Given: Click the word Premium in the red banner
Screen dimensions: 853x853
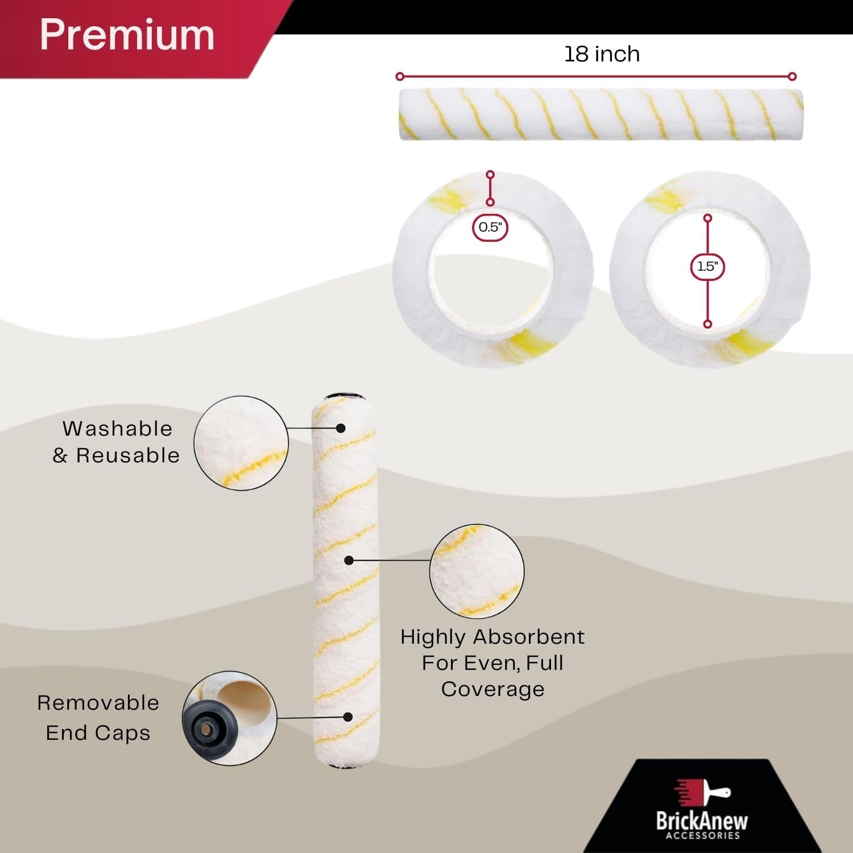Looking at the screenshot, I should [127, 35].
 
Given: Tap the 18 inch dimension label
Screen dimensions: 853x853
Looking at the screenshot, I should [602, 54].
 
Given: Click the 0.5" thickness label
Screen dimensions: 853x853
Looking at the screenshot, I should [490, 227].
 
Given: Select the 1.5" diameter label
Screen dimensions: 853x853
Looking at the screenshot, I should [707, 266].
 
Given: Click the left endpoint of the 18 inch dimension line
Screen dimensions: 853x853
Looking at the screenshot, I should [400, 76].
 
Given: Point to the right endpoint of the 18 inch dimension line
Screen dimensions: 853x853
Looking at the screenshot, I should [792, 76].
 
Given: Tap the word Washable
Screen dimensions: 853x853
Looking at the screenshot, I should [117, 428].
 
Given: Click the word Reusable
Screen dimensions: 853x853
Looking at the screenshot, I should [128, 456].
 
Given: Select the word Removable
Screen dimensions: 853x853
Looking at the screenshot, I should [98, 703].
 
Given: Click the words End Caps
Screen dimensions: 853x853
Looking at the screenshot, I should [98, 733].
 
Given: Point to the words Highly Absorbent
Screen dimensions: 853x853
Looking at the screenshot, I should [492, 637].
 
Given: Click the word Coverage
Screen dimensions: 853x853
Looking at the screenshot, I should [492, 689].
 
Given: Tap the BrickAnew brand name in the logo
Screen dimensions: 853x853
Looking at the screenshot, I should [702, 820].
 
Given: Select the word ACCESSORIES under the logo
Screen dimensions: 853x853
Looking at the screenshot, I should [702, 835].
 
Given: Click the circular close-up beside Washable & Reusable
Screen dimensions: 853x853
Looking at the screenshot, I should [241, 443].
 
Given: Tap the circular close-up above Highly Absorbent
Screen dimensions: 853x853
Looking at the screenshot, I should [477, 571].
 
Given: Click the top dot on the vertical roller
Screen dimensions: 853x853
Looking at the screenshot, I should [341, 428].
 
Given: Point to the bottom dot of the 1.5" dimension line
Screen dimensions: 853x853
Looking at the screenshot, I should [707, 324].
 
